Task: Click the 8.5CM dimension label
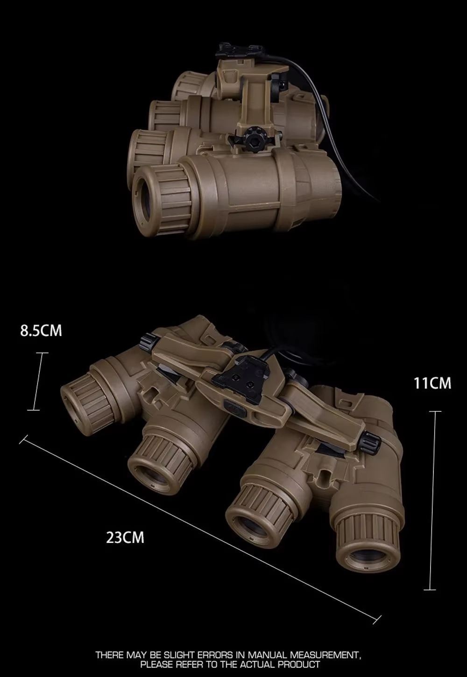[x=41, y=331]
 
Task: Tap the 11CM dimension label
[x=432, y=383]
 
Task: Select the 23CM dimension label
[x=125, y=538]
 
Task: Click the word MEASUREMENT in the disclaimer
[x=325, y=655]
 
